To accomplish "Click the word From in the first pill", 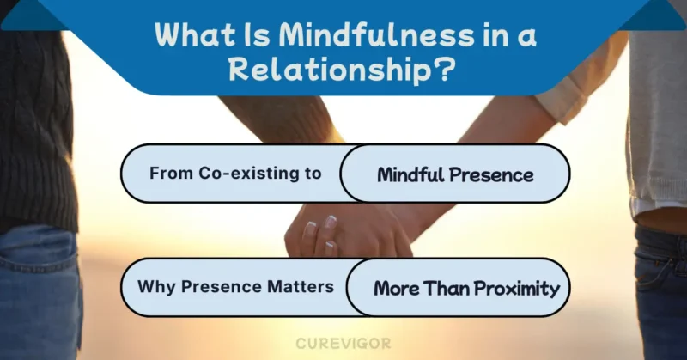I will click(x=168, y=173).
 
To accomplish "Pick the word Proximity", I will click(x=514, y=288).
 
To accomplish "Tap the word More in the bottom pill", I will click(x=396, y=288).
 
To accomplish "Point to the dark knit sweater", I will click(x=34, y=129).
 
